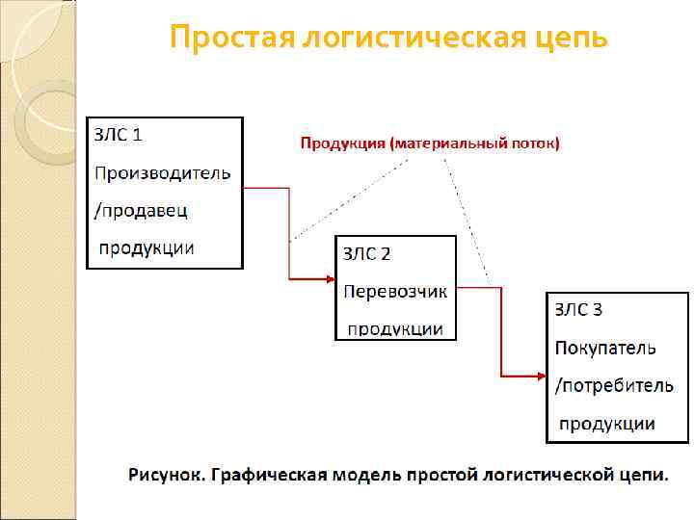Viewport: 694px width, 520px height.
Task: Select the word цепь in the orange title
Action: pos(574,39)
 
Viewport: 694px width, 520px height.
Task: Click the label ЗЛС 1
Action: pos(118,135)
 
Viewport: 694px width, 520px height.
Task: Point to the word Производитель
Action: pos(162,172)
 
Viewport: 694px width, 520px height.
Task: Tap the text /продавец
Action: pos(140,209)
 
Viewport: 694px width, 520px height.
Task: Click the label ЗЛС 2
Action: pos(367,253)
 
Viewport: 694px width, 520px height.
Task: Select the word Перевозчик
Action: pos(395,291)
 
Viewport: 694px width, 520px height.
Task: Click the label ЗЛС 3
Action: pos(578,309)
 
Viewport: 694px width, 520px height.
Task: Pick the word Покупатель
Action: pos(605,347)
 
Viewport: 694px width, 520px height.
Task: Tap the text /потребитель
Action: pos(614,385)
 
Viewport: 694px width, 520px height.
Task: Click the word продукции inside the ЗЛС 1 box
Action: pos(147,247)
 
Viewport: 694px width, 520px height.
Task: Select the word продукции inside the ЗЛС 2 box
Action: pos(395,328)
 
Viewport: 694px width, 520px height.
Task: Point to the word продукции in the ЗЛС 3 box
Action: pos(607,423)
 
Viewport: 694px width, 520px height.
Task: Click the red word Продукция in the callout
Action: pos(342,143)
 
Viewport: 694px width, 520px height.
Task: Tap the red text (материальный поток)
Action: pos(474,143)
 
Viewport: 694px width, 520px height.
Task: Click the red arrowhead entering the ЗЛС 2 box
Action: pos(329,280)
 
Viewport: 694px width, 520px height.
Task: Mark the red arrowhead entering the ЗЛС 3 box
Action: pos(540,376)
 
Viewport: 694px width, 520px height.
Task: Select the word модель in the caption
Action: pos(362,475)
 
